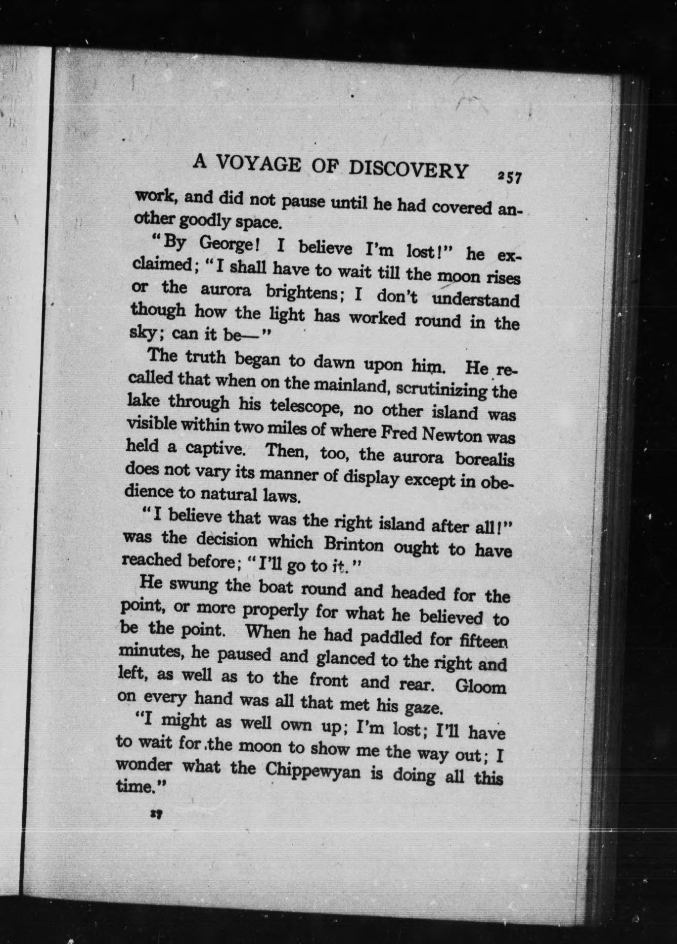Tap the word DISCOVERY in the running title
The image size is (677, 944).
[408, 169]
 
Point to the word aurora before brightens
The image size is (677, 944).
[226, 290]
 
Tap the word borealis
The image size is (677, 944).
[485, 459]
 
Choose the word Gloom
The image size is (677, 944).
[480, 687]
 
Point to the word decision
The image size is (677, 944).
[227, 540]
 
